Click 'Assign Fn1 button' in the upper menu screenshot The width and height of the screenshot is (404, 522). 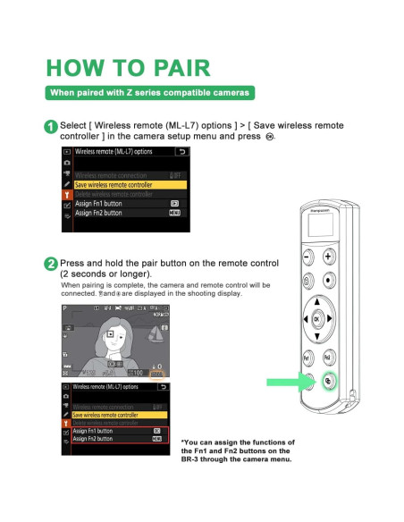98,204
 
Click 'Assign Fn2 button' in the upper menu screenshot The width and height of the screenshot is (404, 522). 98,214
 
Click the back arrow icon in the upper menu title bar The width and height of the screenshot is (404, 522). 182,153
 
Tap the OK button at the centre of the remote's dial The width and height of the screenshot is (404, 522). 316,319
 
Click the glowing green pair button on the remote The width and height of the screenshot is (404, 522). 328,380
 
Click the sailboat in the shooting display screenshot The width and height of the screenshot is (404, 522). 157,337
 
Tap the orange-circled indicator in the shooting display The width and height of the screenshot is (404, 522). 156,372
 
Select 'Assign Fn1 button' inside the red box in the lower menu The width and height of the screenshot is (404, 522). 93,430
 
